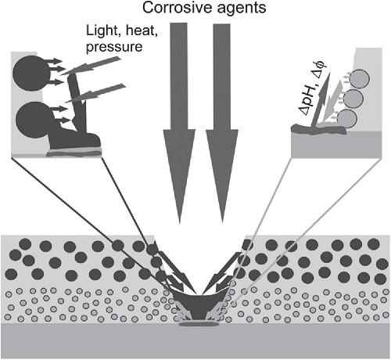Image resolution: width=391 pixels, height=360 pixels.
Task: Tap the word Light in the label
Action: [103, 31]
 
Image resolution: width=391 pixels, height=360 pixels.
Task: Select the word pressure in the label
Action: [114, 48]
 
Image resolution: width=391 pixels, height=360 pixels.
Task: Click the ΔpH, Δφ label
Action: [312, 88]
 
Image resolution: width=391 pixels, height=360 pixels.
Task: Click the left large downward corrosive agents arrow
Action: [179, 123]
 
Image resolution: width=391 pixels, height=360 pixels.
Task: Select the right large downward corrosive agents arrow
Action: [222, 123]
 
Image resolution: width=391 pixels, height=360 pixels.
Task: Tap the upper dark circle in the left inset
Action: [31, 73]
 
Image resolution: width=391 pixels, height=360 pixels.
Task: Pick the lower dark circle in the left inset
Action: [33, 120]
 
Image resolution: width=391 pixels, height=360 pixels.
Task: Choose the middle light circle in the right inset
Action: [353, 98]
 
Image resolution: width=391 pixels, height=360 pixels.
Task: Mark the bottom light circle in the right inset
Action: [348, 118]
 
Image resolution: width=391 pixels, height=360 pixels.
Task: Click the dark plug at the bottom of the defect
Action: [199, 308]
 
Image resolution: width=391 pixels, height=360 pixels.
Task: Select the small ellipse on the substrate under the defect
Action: [199, 324]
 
